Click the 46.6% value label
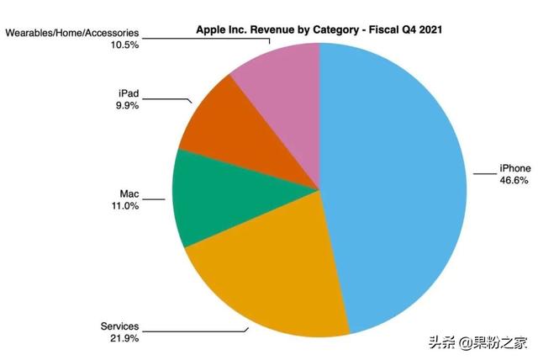(516, 180)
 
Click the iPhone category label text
(515, 168)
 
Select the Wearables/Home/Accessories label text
(72, 33)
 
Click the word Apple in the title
(210, 29)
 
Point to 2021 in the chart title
(431, 29)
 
